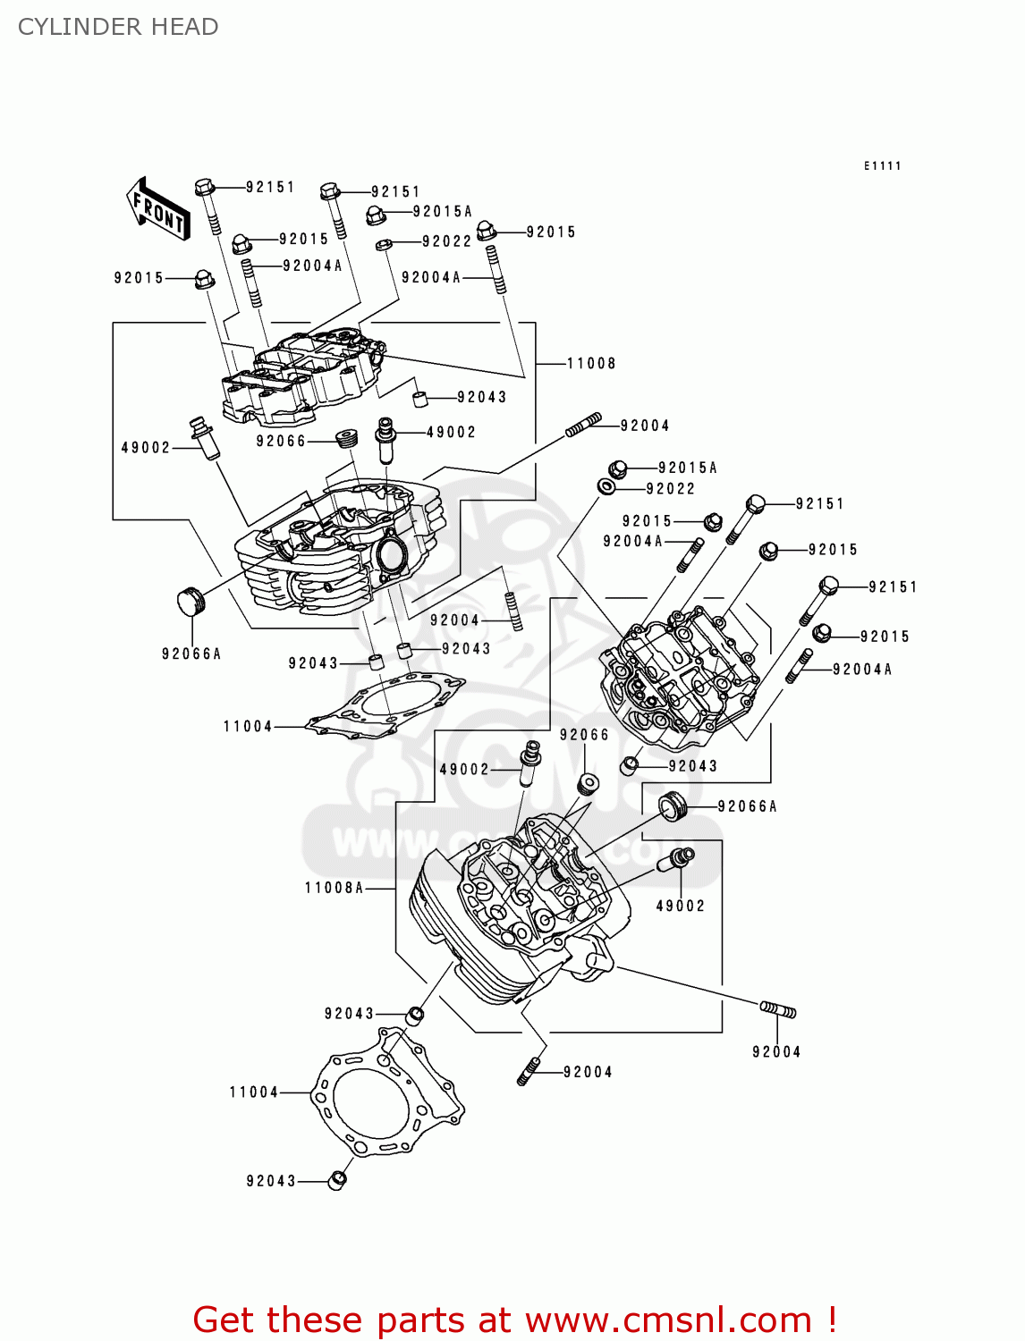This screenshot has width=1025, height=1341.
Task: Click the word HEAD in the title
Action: point(184,27)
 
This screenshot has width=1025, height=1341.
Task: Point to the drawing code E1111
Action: point(882,165)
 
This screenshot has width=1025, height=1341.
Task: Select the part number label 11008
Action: point(591,363)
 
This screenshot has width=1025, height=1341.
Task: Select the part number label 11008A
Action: point(334,888)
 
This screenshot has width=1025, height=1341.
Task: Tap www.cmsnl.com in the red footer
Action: point(668,1320)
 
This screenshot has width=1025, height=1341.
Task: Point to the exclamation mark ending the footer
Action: point(832,1320)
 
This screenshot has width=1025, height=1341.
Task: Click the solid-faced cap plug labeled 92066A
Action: point(188,601)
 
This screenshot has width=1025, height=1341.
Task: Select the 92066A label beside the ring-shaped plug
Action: point(747,806)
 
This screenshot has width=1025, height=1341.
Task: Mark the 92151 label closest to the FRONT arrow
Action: point(270,187)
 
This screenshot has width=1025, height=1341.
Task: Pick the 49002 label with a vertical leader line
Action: point(680,906)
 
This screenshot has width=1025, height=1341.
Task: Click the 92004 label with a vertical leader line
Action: point(775,1052)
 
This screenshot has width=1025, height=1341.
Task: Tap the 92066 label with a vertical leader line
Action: point(584,735)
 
